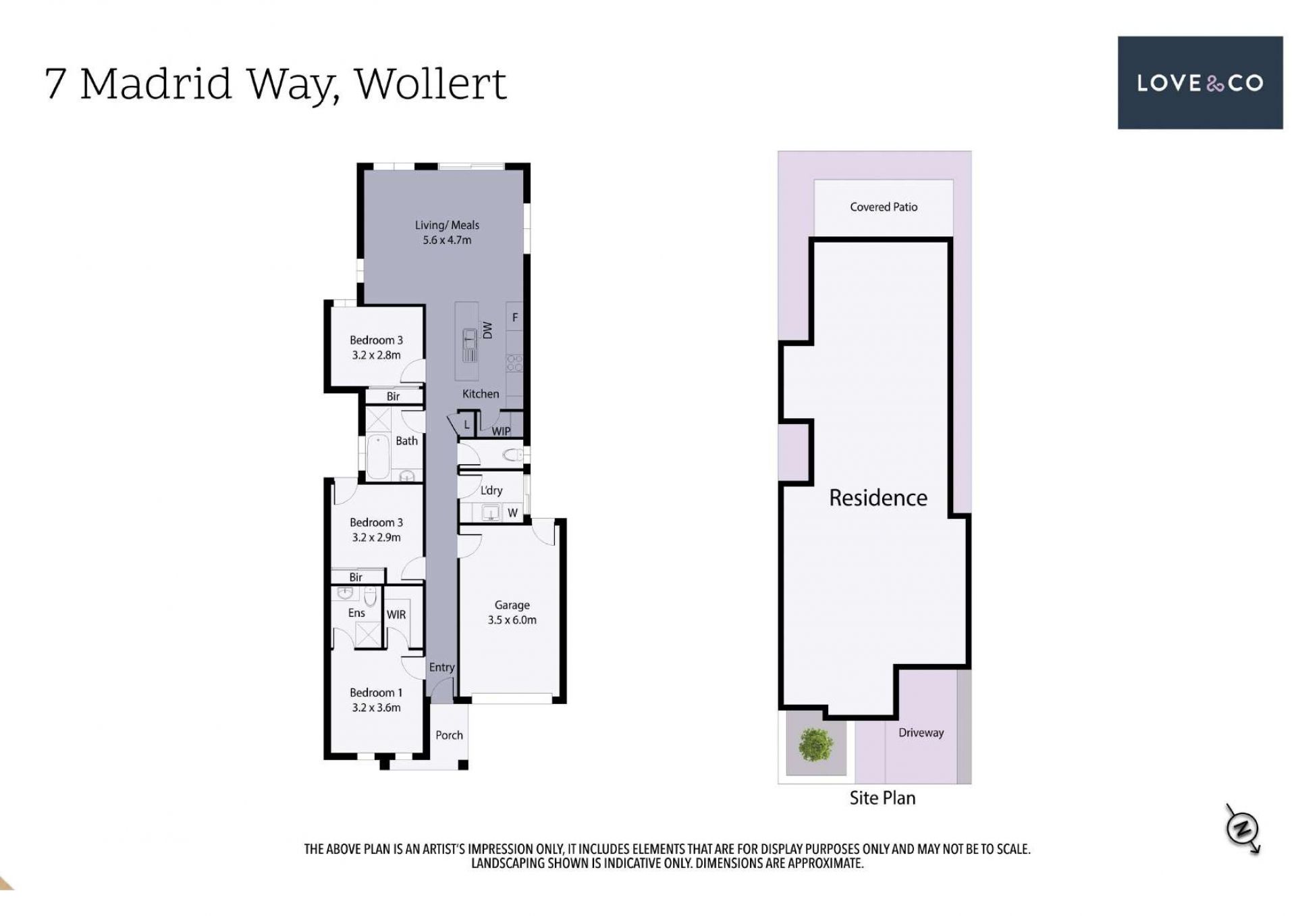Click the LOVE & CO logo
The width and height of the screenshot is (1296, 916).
[x=1200, y=82]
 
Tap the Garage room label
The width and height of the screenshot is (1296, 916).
[x=512, y=605]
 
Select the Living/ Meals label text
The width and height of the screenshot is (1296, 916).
[x=447, y=225]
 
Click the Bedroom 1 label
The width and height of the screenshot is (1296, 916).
[x=376, y=692]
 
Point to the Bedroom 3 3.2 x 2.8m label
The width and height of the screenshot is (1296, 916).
[x=376, y=347]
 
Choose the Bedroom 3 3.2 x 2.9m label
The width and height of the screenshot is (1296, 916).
[x=376, y=530]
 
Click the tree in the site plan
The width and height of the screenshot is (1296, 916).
[x=815, y=745]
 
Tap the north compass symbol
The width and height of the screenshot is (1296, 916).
[x=1243, y=829]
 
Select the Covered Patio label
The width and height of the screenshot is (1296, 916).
[x=884, y=207]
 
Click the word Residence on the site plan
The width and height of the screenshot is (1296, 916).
[x=878, y=498]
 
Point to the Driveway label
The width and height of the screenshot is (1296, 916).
[x=921, y=732]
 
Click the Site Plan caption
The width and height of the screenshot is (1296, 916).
[x=882, y=798]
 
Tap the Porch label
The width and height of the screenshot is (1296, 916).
[x=449, y=735]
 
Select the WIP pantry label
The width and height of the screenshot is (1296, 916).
[x=501, y=431]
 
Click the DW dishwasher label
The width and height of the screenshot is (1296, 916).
[x=487, y=330]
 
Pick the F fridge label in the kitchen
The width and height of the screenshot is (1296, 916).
[x=515, y=317]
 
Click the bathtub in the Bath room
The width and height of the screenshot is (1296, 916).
[x=378, y=457]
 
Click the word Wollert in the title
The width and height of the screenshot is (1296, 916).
[x=431, y=84]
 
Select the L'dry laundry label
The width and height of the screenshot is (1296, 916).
[x=491, y=490]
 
